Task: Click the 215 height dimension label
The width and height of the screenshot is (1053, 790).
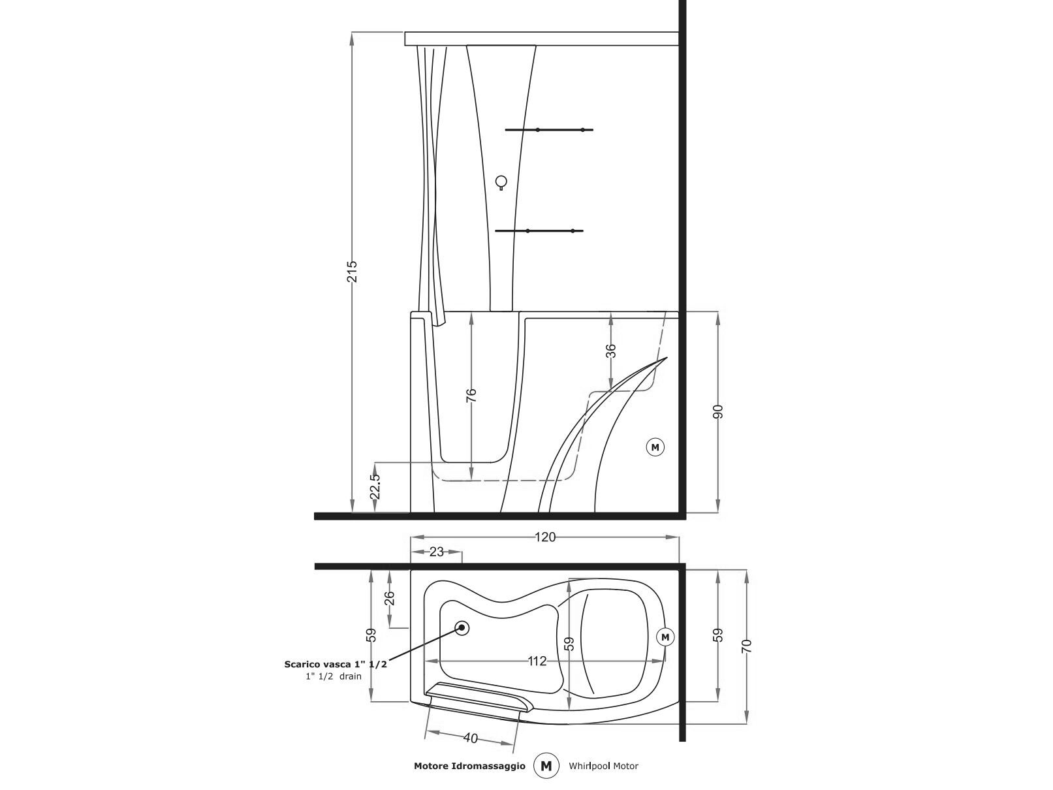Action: (x=352, y=272)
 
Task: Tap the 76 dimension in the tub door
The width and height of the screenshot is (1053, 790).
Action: (x=471, y=395)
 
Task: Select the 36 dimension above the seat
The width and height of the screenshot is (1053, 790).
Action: (x=610, y=351)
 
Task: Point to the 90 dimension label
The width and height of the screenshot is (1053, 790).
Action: (x=717, y=411)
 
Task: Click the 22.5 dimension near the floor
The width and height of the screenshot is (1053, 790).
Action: (x=375, y=486)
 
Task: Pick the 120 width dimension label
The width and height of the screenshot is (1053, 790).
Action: (x=545, y=537)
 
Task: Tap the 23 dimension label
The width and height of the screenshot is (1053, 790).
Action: (x=436, y=552)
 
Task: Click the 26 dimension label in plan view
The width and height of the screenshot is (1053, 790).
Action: (x=389, y=599)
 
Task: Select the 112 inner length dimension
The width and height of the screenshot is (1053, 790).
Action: (x=537, y=661)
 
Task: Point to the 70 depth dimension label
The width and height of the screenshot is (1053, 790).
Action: (x=746, y=646)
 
